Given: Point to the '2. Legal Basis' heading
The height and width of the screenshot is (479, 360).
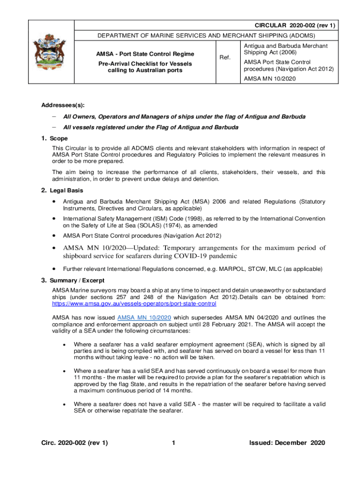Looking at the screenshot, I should tap(62, 190).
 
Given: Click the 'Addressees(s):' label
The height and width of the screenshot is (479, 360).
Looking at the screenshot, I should tap(58, 106).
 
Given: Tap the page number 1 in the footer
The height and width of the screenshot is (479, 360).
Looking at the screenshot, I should tap(173, 443).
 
